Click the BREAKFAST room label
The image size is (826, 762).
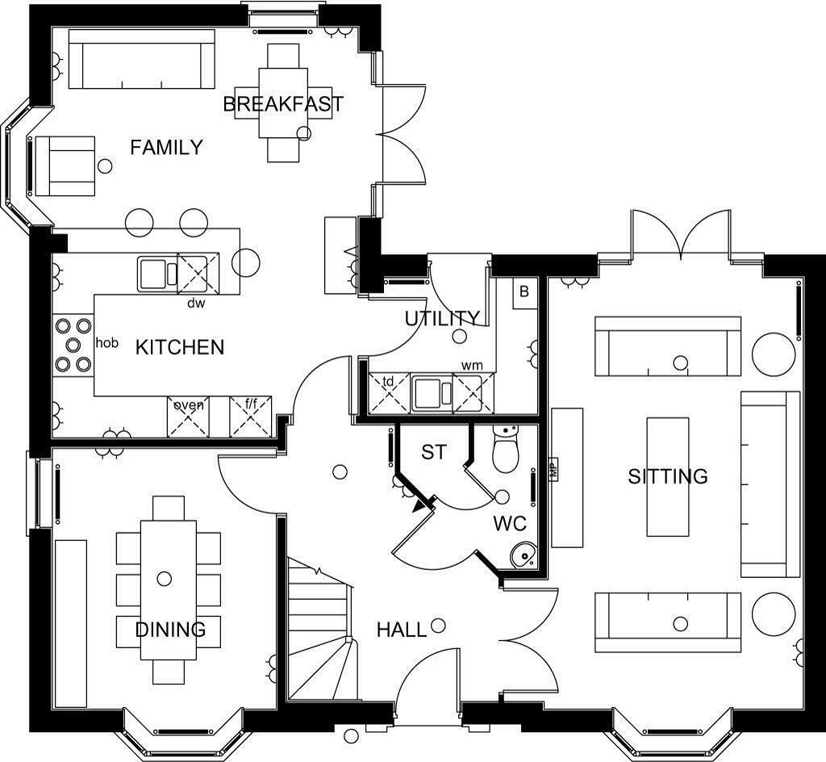tap(283, 104)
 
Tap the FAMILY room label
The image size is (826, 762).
tap(166, 147)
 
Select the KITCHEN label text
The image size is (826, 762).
tap(180, 347)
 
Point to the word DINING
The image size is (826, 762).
tap(171, 629)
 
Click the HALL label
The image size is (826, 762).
tap(402, 630)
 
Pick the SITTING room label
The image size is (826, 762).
tap(667, 476)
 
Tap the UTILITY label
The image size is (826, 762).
tap(443, 318)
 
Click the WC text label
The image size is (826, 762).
tap(510, 524)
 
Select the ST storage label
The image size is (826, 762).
tap(434, 452)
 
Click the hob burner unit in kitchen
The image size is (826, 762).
tap(73, 345)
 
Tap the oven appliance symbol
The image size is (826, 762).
tap(188, 417)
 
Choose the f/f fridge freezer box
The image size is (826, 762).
tap(251, 417)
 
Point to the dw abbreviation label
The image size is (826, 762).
tap(196, 303)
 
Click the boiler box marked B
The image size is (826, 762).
tap(524, 293)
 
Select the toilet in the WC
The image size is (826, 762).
tap(506, 449)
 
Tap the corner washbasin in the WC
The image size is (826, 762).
tap(524, 555)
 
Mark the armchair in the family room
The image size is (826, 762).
tap(65, 166)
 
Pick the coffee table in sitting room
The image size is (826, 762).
tap(668, 477)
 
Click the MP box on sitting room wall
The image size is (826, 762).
tap(553, 468)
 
